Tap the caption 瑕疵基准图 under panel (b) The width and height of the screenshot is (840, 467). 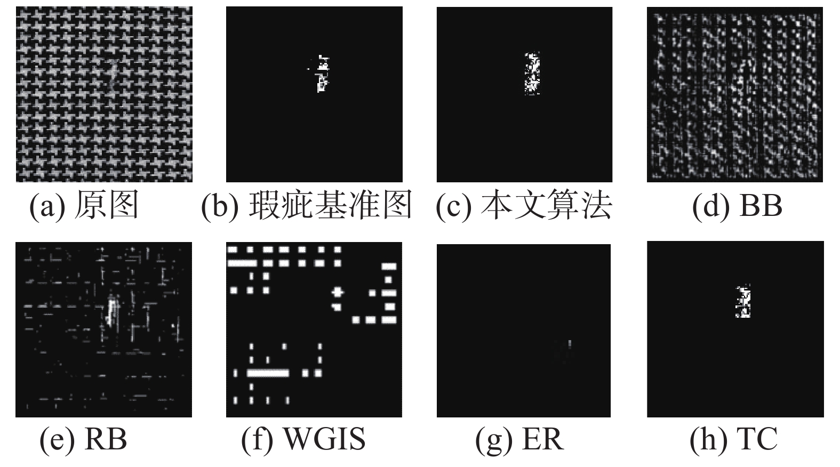tap(330, 205)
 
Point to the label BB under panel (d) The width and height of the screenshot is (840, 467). tap(761, 205)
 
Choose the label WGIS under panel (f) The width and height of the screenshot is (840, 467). tap(324, 439)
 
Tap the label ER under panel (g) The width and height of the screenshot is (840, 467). tap(542, 439)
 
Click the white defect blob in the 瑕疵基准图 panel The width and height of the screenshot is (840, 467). tap(321, 74)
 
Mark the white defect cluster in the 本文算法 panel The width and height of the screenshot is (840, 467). tap(532, 74)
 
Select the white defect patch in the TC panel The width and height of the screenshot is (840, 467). tap(743, 302)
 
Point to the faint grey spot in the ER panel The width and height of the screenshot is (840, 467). tap(569, 344)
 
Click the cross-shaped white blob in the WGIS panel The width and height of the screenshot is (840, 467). tap(337, 292)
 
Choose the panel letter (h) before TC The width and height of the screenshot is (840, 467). tap(708, 439)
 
